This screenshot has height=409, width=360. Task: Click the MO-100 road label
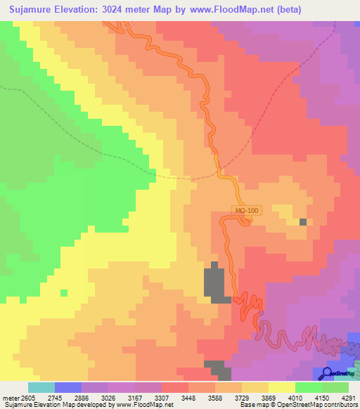pos(245,210)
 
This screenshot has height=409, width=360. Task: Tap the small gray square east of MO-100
pos(303,222)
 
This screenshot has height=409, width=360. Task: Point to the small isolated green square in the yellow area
pos(64,292)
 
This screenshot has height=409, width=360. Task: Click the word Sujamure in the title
pos(34,10)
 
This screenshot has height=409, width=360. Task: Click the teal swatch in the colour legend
pos(41,387)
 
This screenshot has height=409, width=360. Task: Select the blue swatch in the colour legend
pos(67,387)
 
